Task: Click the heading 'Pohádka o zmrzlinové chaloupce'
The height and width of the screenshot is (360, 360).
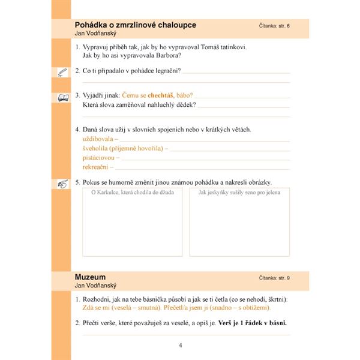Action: point(136,25)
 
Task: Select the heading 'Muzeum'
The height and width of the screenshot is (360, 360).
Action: point(90,277)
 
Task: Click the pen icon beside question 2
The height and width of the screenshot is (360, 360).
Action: point(62,72)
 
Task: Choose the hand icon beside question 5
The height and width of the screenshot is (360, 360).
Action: point(62,182)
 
